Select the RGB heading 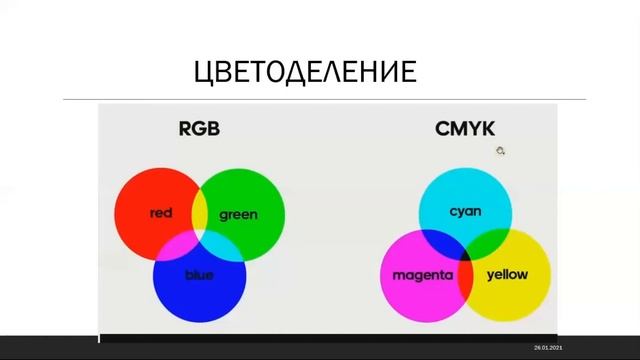[x=199, y=128]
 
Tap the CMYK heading [x=465, y=128]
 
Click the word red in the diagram [x=161, y=213]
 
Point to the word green [x=238, y=214]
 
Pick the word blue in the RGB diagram [x=199, y=275]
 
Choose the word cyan [x=465, y=211]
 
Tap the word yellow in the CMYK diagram [x=506, y=275]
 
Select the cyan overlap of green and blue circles [x=223, y=243]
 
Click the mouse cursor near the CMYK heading [x=500, y=151]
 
